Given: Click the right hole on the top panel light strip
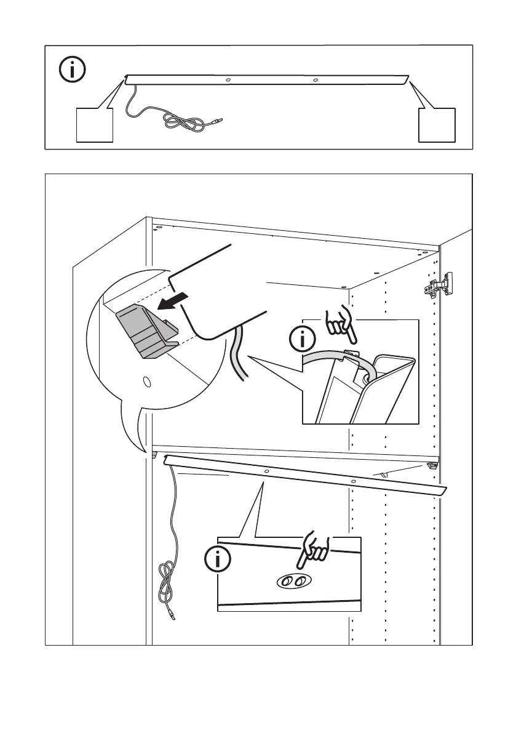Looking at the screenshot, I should click(x=316, y=80).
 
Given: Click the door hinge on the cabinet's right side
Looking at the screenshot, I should click(x=438, y=285).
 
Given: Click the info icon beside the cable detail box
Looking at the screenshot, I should click(x=301, y=339).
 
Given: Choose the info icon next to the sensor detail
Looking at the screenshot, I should click(x=217, y=559).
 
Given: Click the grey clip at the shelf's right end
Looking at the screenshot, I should click(x=432, y=466).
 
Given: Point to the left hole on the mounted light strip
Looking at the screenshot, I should click(x=266, y=472).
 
